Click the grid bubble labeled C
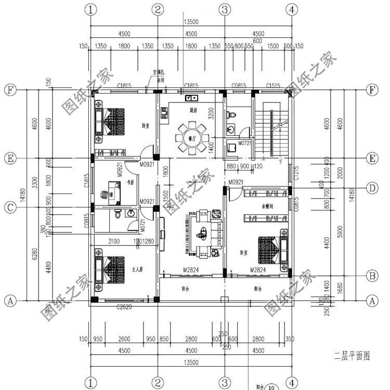(x=9, y=207)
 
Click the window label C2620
(x=125, y=308)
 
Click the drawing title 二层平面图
(x=352, y=357)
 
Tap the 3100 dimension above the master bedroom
(x=114, y=241)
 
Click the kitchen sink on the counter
(x=190, y=97)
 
